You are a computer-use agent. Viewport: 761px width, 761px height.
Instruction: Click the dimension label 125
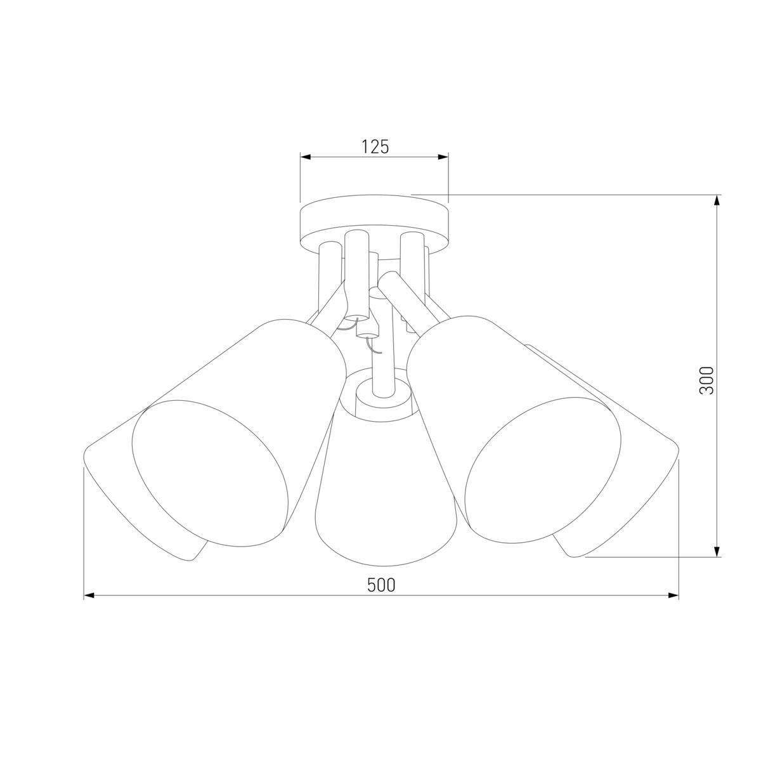(x=375, y=146)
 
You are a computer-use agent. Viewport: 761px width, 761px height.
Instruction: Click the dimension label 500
(x=381, y=585)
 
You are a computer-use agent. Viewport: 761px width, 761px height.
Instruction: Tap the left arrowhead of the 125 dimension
(x=307, y=157)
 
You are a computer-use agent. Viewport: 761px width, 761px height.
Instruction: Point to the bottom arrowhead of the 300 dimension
(x=717, y=550)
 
